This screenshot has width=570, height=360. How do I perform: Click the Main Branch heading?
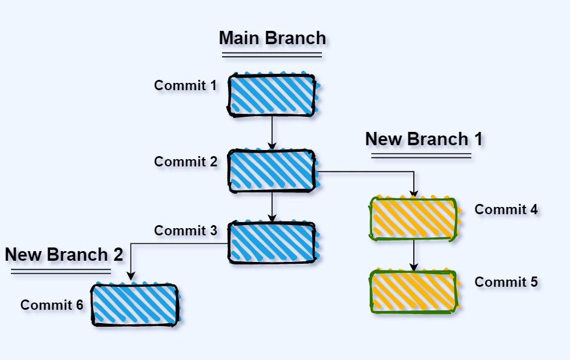tap(272, 38)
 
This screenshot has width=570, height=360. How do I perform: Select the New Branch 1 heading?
tap(424, 139)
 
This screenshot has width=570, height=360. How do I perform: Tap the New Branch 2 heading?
tap(64, 255)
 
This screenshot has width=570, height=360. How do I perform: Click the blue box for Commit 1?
tap(272, 95)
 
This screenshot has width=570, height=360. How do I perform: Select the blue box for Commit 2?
tap(272, 171)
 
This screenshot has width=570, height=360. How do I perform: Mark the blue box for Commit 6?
tap(135, 304)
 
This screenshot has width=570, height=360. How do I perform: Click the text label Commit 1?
tap(185, 85)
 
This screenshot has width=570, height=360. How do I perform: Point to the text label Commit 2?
tap(185, 162)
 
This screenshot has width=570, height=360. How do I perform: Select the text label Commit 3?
tap(185, 231)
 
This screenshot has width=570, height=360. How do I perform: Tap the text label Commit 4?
tap(506, 209)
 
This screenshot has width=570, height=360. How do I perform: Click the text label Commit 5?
tap(506, 282)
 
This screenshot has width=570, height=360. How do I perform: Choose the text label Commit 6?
tap(51, 305)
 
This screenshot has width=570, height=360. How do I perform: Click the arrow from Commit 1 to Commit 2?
tap(272, 132)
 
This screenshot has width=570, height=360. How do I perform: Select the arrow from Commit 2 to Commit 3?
tap(272, 207)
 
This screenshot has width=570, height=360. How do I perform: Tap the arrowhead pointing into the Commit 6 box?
tap(131, 277)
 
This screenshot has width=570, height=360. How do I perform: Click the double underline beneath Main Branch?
tap(272, 55)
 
